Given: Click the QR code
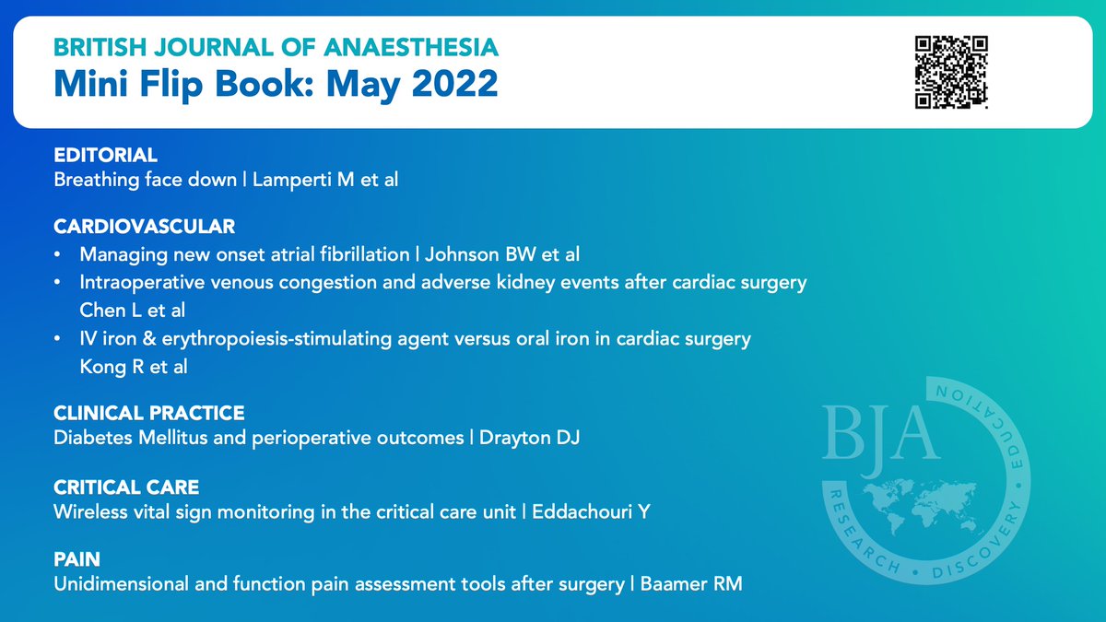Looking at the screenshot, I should tap(951, 72).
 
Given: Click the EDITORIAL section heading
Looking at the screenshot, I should tap(106, 155).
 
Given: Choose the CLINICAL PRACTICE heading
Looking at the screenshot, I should tap(149, 413).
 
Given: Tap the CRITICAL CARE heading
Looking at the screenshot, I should tap(127, 486).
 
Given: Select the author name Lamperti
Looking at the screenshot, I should tap(293, 180).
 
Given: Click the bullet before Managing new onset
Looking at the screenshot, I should tap(59, 252).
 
